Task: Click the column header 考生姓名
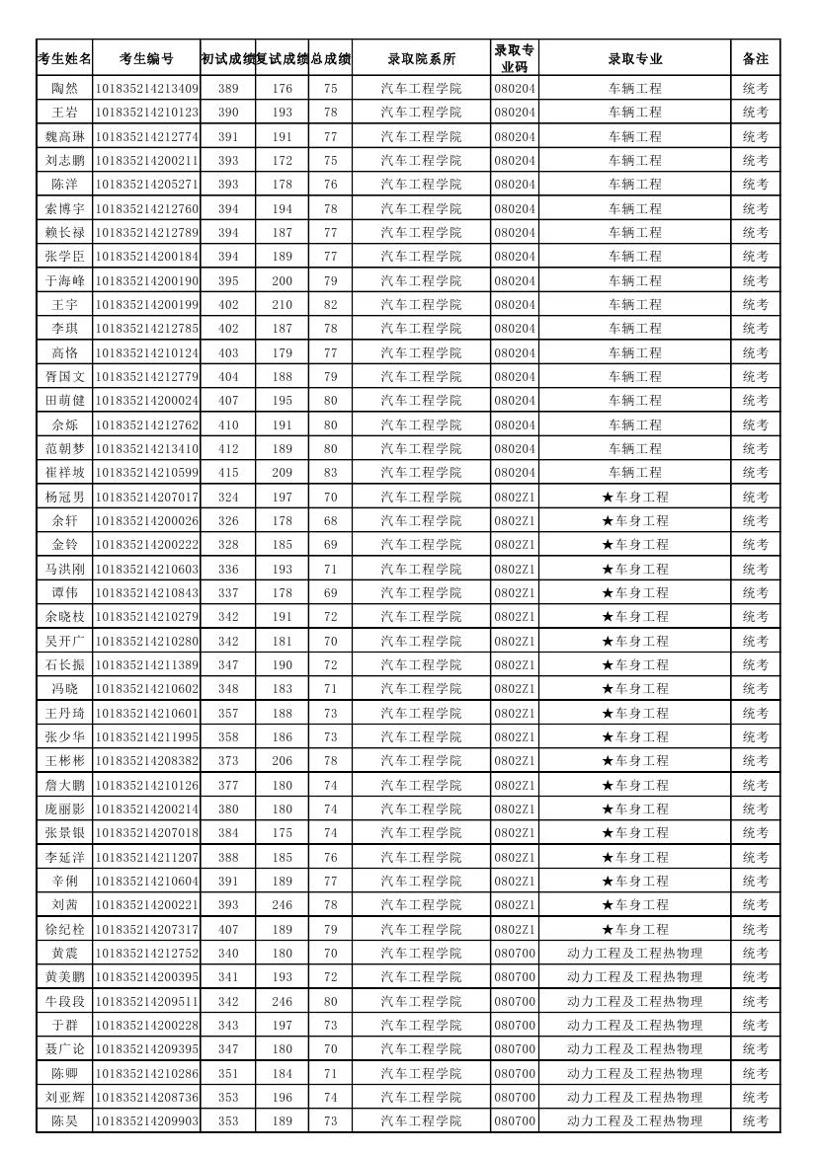(x=64, y=58)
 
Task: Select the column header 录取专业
(x=635, y=58)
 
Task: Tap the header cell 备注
(x=756, y=58)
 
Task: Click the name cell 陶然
(x=64, y=88)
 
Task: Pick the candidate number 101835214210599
(x=146, y=473)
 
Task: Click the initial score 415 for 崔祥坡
(x=227, y=473)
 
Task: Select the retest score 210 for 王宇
(x=282, y=304)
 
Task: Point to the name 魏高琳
(x=64, y=136)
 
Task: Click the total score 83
(x=330, y=473)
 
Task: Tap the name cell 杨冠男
(x=64, y=497)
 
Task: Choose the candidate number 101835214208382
(x=146, y=761)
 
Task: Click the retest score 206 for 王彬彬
(x=282, y=761)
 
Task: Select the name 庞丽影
(x=64, y=809)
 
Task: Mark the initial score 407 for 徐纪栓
(x=227, y=929)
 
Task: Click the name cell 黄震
(x=64, y=954)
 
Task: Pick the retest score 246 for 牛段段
(x=282, y=1001)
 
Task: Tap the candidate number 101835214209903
(x=146, y=1121)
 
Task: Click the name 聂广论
(x=64, y=1049)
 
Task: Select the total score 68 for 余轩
(x=330, y=520)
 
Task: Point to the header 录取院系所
(x=421, y=58)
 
